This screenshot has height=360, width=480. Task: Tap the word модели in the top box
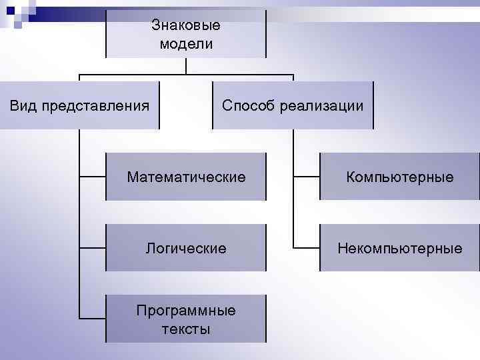click(x=186, y=45)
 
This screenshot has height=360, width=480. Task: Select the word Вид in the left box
click(x=24, y=105)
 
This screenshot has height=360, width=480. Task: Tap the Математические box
click(x=186, y=177)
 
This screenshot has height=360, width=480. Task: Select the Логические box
click(x=186, y=248)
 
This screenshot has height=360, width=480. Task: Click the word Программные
click(x=186, y=311)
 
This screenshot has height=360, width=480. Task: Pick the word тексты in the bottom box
click(x=186, y=329)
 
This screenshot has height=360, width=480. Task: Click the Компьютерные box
click(x=399, y=177)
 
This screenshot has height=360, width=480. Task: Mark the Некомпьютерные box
click(x=399, y=248)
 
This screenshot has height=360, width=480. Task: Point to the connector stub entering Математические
click(x=93, y=177)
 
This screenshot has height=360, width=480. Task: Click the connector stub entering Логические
click(x=93, y=248)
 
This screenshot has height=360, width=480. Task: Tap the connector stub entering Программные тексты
click(x=93, y=319)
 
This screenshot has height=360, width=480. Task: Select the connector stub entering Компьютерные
click(x=307, y=177)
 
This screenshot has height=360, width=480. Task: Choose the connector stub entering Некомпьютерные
click(x=307, y=248)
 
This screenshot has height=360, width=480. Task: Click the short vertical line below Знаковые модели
click(x=186, y=65)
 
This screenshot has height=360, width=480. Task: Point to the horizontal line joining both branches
click(x=186, y=73)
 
